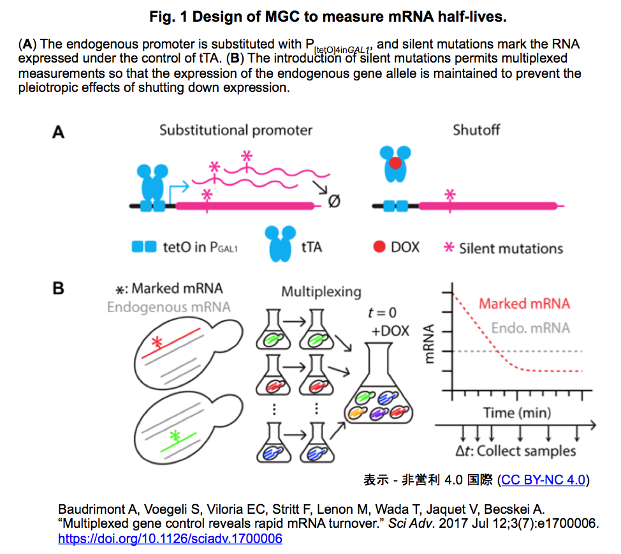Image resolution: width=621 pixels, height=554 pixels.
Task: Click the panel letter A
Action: click(58, 131)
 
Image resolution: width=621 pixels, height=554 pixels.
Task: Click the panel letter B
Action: click(58, 288)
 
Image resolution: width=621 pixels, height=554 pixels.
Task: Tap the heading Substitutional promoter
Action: click(236, 130)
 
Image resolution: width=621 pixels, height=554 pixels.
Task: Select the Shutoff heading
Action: click(476, 130)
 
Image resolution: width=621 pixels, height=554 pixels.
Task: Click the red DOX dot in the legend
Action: click(379, 246)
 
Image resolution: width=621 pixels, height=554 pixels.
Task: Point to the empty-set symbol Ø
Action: click(334, 202)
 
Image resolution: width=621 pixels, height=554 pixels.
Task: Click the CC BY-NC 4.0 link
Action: click(543, 480)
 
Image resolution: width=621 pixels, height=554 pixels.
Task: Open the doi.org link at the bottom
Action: click(170, 539)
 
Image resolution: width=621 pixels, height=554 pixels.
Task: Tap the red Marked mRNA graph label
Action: click(524, 304)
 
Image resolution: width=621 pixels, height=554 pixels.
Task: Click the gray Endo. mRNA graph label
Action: click(530, 328)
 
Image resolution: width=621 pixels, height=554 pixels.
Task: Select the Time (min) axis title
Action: click(517, 413)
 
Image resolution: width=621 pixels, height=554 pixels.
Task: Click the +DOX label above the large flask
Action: click(390, 331)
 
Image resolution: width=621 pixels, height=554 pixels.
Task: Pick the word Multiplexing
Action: click(321, 292)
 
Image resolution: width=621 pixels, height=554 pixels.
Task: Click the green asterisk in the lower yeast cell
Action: click(175, 436)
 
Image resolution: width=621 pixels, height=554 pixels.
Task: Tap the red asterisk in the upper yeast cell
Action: click(157, 342)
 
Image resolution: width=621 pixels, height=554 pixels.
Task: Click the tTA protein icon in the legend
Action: click(280, 243)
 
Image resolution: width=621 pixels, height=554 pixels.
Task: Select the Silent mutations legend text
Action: click(511, 249)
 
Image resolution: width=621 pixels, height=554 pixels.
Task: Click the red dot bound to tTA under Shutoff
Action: click(395, 163)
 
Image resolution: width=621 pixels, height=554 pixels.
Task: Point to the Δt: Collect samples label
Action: click(515, 451)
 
